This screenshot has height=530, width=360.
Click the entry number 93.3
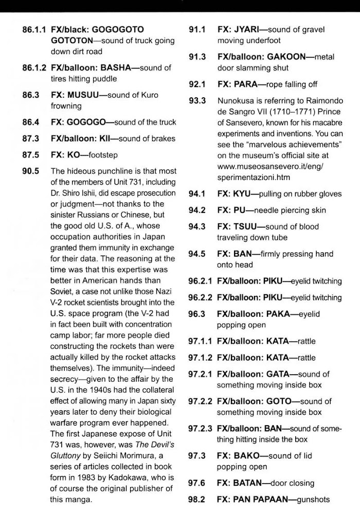pyautogui.click(x=197, y=101)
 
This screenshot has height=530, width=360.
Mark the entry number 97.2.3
pyautogui.click(x=200, y=429)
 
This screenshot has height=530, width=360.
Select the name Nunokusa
pyautogui.click(x=237, y=101)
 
